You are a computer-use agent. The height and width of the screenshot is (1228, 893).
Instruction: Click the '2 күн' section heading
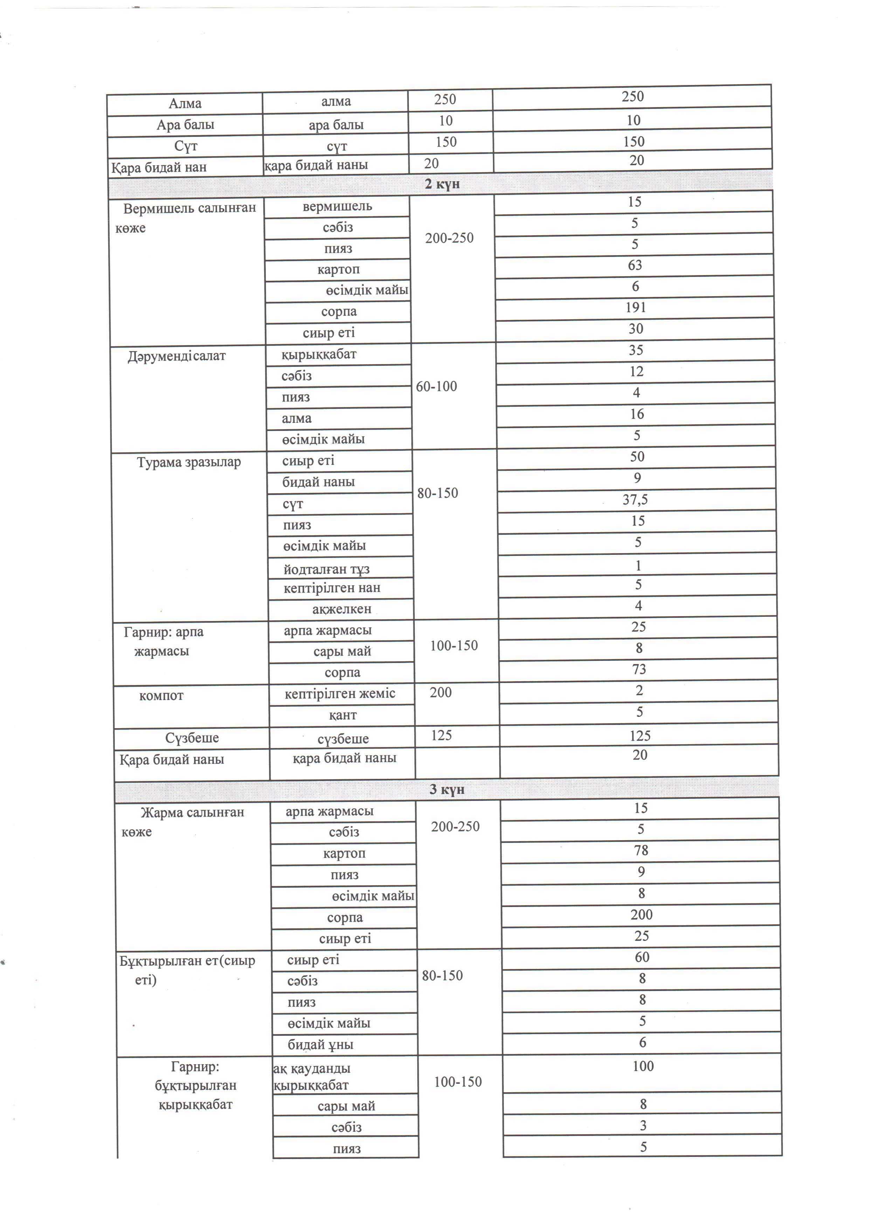(x=442, y=184)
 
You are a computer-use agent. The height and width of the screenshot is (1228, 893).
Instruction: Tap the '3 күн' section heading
(x=447, y=789)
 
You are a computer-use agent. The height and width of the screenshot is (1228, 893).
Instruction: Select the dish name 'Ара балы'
(x=185, y=125)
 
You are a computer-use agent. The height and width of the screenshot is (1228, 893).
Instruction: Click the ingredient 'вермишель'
(x=337, y=206)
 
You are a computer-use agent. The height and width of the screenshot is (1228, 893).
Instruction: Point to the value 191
(x=636, y=308)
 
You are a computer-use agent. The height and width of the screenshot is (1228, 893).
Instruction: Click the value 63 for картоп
(x=635, y=265)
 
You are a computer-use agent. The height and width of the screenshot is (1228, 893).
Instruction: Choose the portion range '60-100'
(x=436, y=386)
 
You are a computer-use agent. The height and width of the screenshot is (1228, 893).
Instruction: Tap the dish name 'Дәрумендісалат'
(x=176, y=356)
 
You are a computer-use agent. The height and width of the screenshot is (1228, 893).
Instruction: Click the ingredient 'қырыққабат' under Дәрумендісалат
(x=319, y=355)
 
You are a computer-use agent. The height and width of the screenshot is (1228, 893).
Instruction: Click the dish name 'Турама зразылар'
(x=188, y=463)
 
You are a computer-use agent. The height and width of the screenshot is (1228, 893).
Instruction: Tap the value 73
(x=639, y=669)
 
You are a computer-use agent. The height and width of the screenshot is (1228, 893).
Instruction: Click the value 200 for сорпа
(x=641, y=914)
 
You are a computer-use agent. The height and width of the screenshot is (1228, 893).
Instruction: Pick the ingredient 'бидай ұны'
(x=320, y=1045)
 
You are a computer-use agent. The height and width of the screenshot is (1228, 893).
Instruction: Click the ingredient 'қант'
(x=343, y=715)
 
